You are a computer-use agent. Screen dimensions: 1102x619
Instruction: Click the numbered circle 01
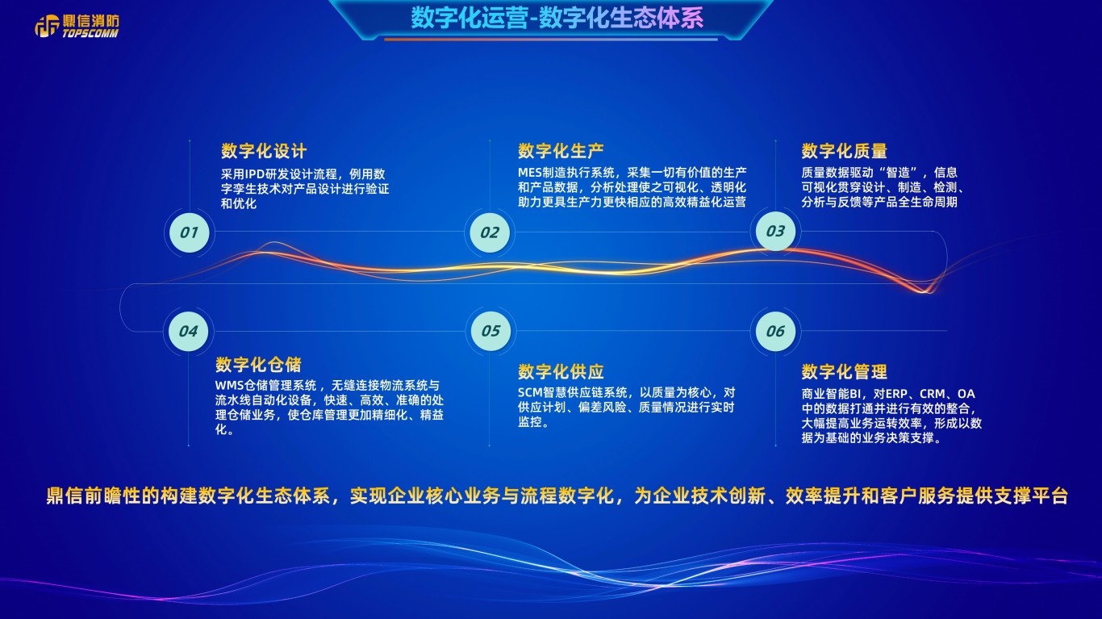coord(190,232)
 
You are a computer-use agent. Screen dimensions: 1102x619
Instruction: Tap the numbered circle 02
coord(490,232)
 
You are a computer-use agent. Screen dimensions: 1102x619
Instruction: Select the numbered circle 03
coord(775,231)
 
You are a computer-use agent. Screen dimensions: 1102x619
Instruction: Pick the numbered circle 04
coord(189,331)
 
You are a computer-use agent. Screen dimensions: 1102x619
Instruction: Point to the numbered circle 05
coord(491,331)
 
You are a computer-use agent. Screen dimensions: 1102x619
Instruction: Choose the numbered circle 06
coord(775,331)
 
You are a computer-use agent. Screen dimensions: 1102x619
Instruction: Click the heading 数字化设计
coord(264,151)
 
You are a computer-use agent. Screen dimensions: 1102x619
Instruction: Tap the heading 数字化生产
coord(561,151)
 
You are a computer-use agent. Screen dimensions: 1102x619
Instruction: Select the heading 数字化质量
coord(844,151)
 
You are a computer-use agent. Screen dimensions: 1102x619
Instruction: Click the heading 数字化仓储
coord(258,365)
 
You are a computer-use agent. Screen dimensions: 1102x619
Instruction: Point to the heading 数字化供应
coord(561,371)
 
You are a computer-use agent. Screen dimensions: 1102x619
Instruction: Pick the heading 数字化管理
coord(844,371)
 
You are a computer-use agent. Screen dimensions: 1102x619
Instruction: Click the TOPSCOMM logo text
coord(90,33)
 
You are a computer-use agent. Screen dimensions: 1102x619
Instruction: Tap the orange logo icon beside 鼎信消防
coord(47,26)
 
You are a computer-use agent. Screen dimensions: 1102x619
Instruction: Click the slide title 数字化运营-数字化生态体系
coord(557,19)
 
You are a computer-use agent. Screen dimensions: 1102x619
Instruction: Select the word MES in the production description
coord(530,173)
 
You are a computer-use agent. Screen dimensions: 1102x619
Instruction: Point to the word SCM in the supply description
coord(530,393)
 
